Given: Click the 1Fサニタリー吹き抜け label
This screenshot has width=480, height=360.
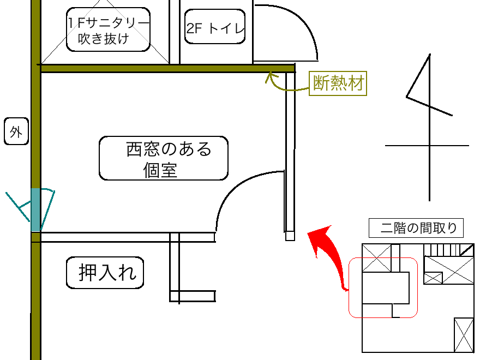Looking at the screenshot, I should [108, 30].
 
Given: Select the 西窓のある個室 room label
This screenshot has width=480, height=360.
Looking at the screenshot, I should [163, 158].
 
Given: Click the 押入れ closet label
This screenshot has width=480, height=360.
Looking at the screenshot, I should [105, 273].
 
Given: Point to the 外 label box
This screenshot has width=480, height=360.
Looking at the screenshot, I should [16, 133].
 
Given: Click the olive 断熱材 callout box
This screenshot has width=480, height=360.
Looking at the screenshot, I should [337, 83].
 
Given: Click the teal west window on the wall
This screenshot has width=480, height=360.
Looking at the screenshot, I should [35, 209].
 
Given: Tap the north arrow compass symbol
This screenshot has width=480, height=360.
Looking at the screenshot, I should [428, 125].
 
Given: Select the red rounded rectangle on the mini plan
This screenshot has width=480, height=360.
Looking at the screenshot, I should [383, 287].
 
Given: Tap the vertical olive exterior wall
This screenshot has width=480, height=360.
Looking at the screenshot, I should [35, 136].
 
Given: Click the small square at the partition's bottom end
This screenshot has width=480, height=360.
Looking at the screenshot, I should [290, 236].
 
